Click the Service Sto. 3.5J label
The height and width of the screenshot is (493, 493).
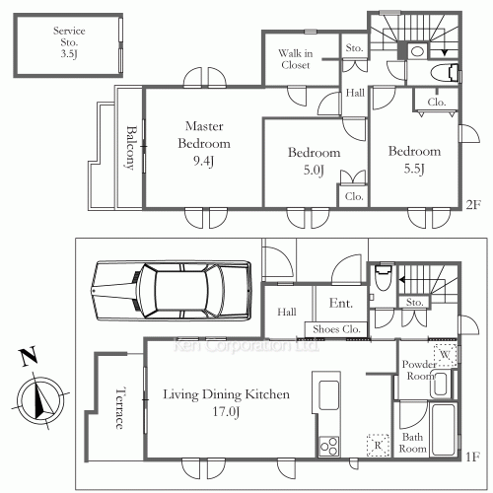coord(69,42)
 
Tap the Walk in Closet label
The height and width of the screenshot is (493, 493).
coord(296,59)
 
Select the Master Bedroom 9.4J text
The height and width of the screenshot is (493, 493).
coord(204,144)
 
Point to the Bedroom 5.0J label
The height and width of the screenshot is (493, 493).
coord(314,161)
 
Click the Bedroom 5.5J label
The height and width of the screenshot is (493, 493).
coord(414,160)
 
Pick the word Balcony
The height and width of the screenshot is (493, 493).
coord(131,148)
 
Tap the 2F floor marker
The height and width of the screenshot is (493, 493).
coord(473,205)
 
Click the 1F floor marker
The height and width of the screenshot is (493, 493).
coord(472,457)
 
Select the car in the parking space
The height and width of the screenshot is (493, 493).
coord(172,290)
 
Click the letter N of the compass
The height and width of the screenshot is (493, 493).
coord(29,357)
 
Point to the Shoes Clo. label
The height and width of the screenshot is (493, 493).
coord(336,329)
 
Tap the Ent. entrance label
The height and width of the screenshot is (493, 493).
coord(341,303)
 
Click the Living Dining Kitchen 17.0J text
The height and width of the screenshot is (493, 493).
coord(226,402)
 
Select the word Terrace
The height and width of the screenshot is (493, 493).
coord(120,408)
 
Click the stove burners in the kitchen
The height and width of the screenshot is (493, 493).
coord(329,447)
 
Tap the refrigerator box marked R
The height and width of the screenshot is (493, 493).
coord(379,445)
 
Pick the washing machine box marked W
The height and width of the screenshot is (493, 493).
coord(445,355)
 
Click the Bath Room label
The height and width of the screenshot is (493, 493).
coord(412,443)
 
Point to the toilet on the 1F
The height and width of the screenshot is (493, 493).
coord(384,277)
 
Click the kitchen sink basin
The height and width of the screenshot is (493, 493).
coord(329,395)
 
